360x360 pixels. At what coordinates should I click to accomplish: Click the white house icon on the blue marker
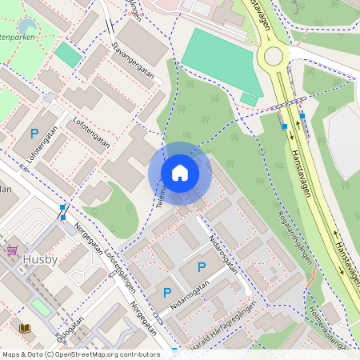(180, 172)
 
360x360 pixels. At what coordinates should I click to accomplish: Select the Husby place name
(40, 259)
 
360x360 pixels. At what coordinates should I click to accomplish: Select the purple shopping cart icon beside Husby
(12, 250)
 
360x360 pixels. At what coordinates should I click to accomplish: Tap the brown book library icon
(25, 328)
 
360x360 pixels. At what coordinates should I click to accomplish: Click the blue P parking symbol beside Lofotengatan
(34, 134)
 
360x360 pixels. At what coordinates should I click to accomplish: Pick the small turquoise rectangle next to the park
(68, 54)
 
